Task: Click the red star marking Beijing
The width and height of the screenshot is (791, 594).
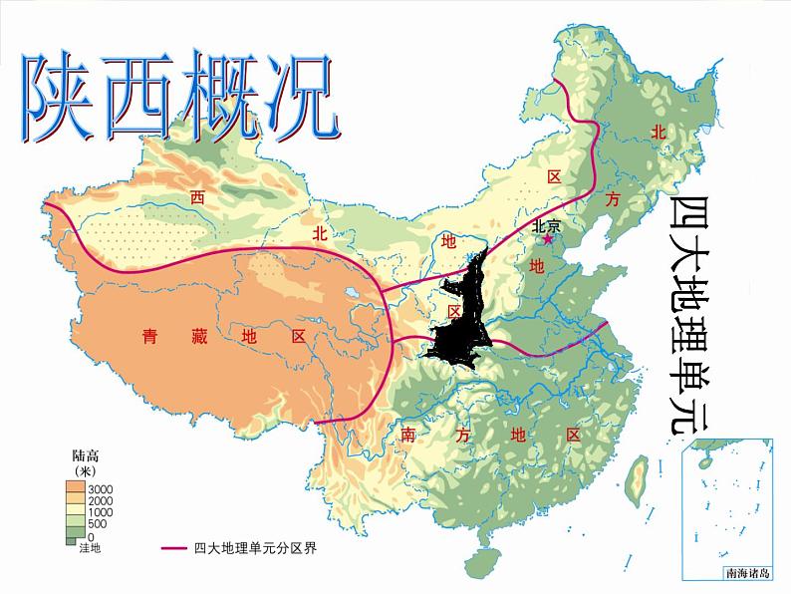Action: click(x=546, y=239)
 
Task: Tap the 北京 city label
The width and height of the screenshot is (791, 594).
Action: click(x=547, y=225)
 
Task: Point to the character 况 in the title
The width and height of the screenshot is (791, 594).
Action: click(x=296, y=98)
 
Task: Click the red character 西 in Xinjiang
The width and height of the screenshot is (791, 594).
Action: click(x=197, y=197)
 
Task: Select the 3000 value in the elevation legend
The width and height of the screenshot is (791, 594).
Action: click(x=102, y=487)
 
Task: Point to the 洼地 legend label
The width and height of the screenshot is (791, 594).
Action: click(x=89, y=548)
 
